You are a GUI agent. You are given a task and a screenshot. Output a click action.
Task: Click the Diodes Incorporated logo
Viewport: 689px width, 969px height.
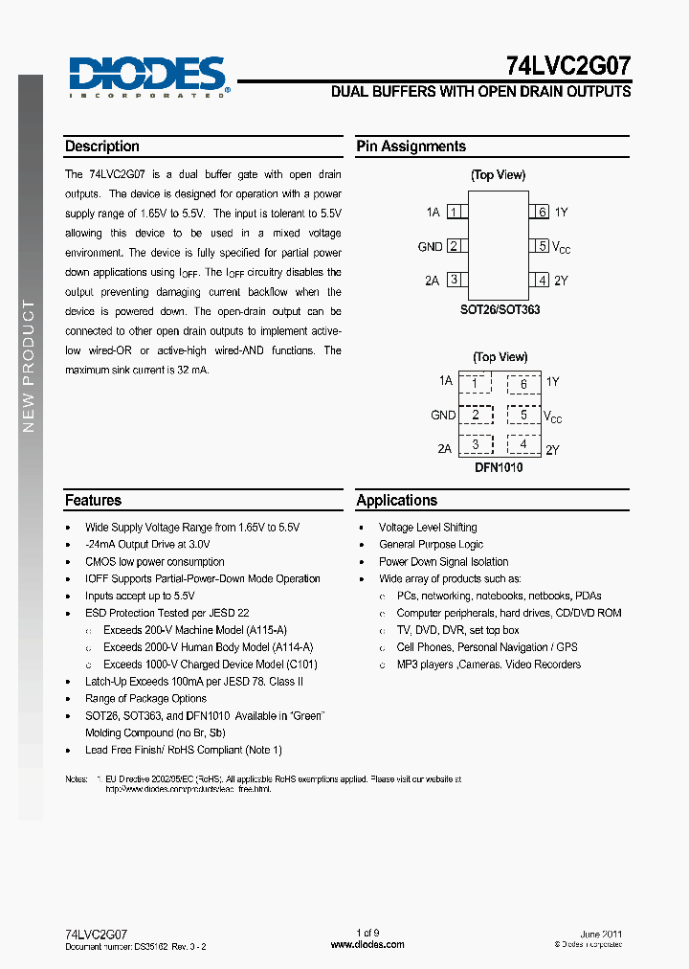[x=148, y=76]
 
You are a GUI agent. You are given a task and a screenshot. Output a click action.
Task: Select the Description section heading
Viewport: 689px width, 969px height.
[x=102, y=146]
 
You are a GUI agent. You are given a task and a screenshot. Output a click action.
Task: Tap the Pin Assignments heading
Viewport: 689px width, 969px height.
[x=411, y=146]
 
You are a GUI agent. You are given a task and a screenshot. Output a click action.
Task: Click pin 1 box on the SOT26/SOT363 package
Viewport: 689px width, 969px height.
[x=455, y=212]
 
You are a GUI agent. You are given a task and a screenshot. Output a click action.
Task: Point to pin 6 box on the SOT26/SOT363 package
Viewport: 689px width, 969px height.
[x=541, y=212]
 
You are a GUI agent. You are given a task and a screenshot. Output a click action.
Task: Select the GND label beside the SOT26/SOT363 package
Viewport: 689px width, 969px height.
[x=430, y=246]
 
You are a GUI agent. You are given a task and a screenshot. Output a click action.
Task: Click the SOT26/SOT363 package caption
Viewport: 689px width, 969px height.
[x=499, y=310]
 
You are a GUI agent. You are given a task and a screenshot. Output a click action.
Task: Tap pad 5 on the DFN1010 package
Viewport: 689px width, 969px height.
[x=523, y=416]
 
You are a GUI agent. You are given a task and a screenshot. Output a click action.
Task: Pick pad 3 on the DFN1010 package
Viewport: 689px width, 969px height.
[x=475, y=445]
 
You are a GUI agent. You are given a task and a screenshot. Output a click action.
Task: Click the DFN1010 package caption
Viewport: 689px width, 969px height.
[x=499, y=467]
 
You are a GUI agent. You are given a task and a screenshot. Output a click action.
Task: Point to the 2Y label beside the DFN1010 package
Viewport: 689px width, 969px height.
[x=552, y=449]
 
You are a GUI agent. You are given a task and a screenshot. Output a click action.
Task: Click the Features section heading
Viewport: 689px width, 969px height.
[x=93, y=500]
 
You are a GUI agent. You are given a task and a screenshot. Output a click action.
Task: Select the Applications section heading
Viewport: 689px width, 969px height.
[x=396, y=500]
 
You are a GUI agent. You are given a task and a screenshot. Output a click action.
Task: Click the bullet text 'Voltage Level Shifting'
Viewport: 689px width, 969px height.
[x=428, y=528]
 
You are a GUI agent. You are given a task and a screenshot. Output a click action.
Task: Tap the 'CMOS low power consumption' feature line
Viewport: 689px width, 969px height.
[x=155, y=562]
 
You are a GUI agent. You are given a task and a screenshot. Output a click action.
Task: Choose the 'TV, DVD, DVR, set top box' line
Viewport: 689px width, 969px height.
[x=457, y=630]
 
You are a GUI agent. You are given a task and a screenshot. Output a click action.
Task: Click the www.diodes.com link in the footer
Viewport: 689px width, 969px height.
[x=367, y=944]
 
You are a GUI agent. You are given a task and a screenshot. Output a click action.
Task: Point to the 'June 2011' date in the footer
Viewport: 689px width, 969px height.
[x=601, y=934]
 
